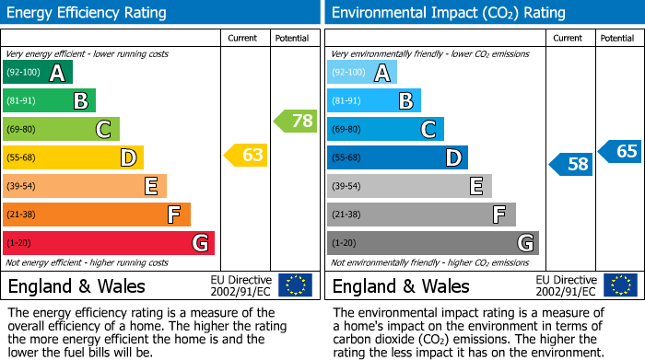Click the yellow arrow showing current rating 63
(x=246, y=156)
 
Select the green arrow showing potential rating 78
(x=295, y=121)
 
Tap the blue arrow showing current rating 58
(x=570, y=165)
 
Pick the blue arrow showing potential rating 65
(x=619, y=151)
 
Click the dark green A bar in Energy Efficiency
(x=37, y=73)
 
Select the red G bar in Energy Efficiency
(x=108, y=243)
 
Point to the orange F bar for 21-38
(x=96, y=215)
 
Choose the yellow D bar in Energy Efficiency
(x=73, y=157)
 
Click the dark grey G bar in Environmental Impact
(x=432, y=243)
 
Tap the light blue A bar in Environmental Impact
(x=362, y=73)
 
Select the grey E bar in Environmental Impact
(x=409, y=186)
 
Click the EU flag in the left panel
(x=296, y=285)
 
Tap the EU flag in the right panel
(x=620, y=285)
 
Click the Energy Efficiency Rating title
(x=88, y=13)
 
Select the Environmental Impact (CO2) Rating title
(x=447, y=13)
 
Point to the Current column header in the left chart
(x=242, y=38)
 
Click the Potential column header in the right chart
(x=616, y=38)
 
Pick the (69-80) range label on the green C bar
(x=22, y=130)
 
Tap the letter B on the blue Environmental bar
(x=405, y=101)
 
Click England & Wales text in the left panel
(x=76, y=285)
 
